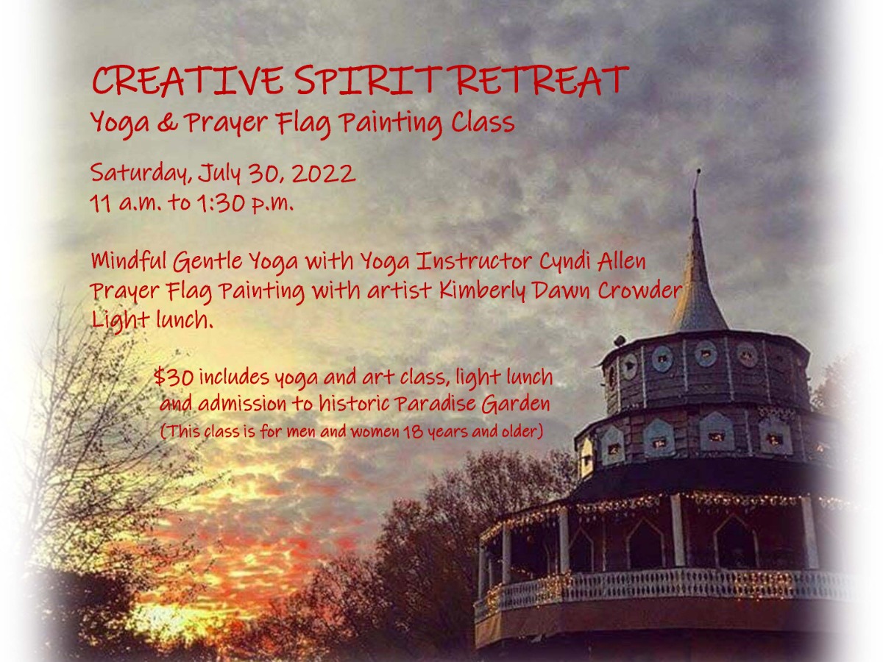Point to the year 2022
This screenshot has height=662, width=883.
coord(325,174)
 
